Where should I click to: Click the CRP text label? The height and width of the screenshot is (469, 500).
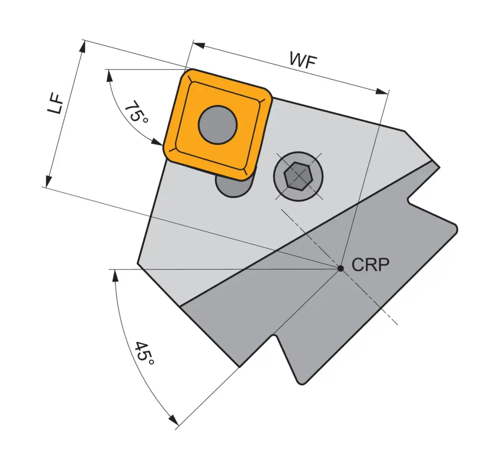coord(370,265)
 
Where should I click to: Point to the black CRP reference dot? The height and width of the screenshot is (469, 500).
coord(340,268)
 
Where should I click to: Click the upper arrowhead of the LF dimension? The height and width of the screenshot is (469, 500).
coord(82,46)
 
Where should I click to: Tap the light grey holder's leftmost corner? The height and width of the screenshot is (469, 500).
coord(138,263)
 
